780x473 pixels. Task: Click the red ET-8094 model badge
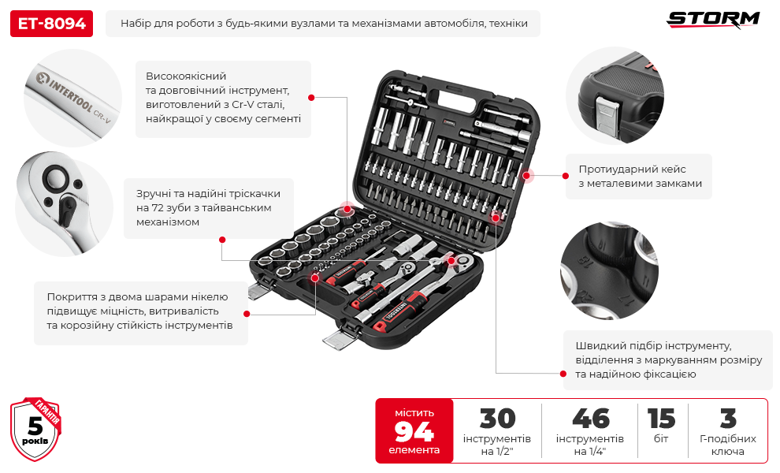51,24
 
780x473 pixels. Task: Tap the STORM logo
713,20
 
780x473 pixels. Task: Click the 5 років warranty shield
35,429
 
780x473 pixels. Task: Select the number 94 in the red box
414,431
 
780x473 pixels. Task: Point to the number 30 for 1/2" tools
497,419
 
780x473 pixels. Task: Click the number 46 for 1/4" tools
590,419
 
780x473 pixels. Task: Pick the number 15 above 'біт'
661,419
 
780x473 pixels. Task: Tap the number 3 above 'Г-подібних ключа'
728,419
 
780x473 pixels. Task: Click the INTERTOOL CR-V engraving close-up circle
72,98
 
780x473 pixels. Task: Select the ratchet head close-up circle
64,204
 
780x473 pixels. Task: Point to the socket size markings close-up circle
609,271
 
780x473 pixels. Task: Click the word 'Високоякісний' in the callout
186,76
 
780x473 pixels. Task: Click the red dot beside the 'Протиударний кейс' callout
566,176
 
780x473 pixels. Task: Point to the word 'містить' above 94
414,413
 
